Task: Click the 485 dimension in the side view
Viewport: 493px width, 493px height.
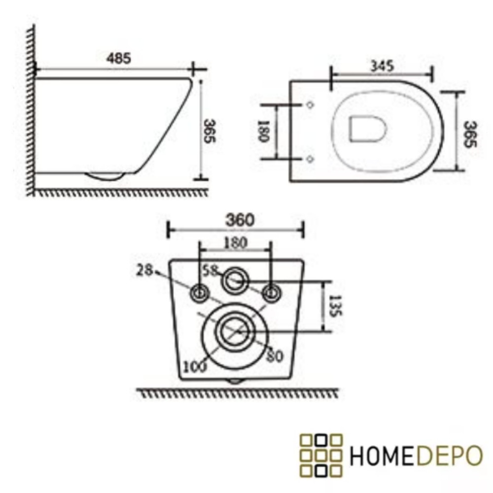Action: pos(119,58)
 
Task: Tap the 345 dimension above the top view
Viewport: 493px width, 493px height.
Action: pos(382,66)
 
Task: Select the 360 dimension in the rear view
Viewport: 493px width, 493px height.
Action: pos(240,220)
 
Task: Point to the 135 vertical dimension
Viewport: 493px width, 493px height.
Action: pos(335,306)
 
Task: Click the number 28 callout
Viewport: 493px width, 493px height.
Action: pos(144,270)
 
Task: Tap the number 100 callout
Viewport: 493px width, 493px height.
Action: pos(195,366)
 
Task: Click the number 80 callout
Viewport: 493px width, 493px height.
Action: pos(275,356)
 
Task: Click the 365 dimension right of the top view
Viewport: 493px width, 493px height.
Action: pos(470,134)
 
